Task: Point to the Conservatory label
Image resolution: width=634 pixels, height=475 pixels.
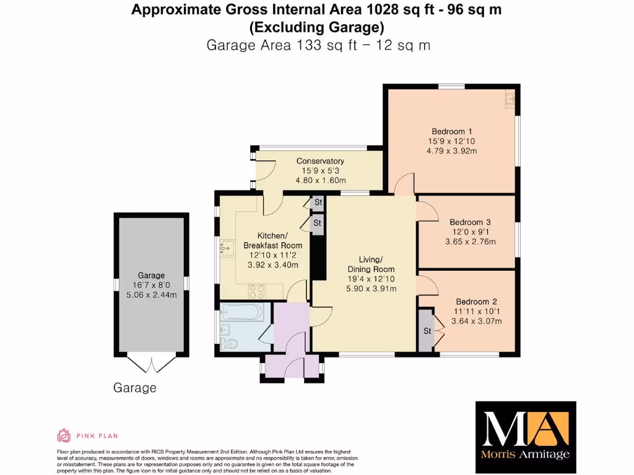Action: tap(320, 161)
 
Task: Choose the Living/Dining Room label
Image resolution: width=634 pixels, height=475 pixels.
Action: tap(370, 264)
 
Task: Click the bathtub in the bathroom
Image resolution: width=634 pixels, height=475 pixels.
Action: tap(243, 312)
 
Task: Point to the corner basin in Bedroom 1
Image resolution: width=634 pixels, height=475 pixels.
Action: tap(510, 98)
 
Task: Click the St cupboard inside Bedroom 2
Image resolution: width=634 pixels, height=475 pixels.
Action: tap(427, 331)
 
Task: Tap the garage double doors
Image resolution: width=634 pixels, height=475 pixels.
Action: tap(150, 365)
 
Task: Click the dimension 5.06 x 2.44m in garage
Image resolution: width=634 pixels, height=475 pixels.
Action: tap(151, 295)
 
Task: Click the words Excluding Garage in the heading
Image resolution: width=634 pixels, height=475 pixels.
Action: tap(316, 27)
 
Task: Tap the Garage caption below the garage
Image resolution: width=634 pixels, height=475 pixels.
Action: tap(134, 388)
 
